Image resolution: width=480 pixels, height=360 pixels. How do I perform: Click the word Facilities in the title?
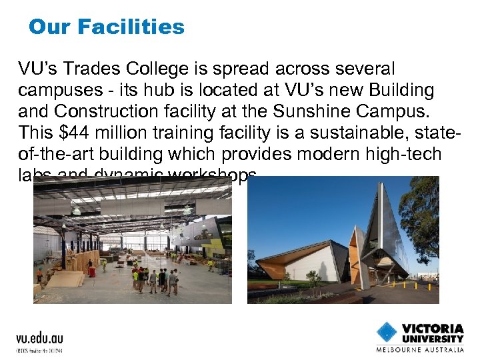[131, 27]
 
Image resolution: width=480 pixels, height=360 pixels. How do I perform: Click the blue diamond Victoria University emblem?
[386, 332]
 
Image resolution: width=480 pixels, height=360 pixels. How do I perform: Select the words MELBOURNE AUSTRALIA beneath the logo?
[420, 349]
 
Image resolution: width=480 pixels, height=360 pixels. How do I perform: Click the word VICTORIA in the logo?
[433, 329]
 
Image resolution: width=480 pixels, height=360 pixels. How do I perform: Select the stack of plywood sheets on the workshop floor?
[66, 279]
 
